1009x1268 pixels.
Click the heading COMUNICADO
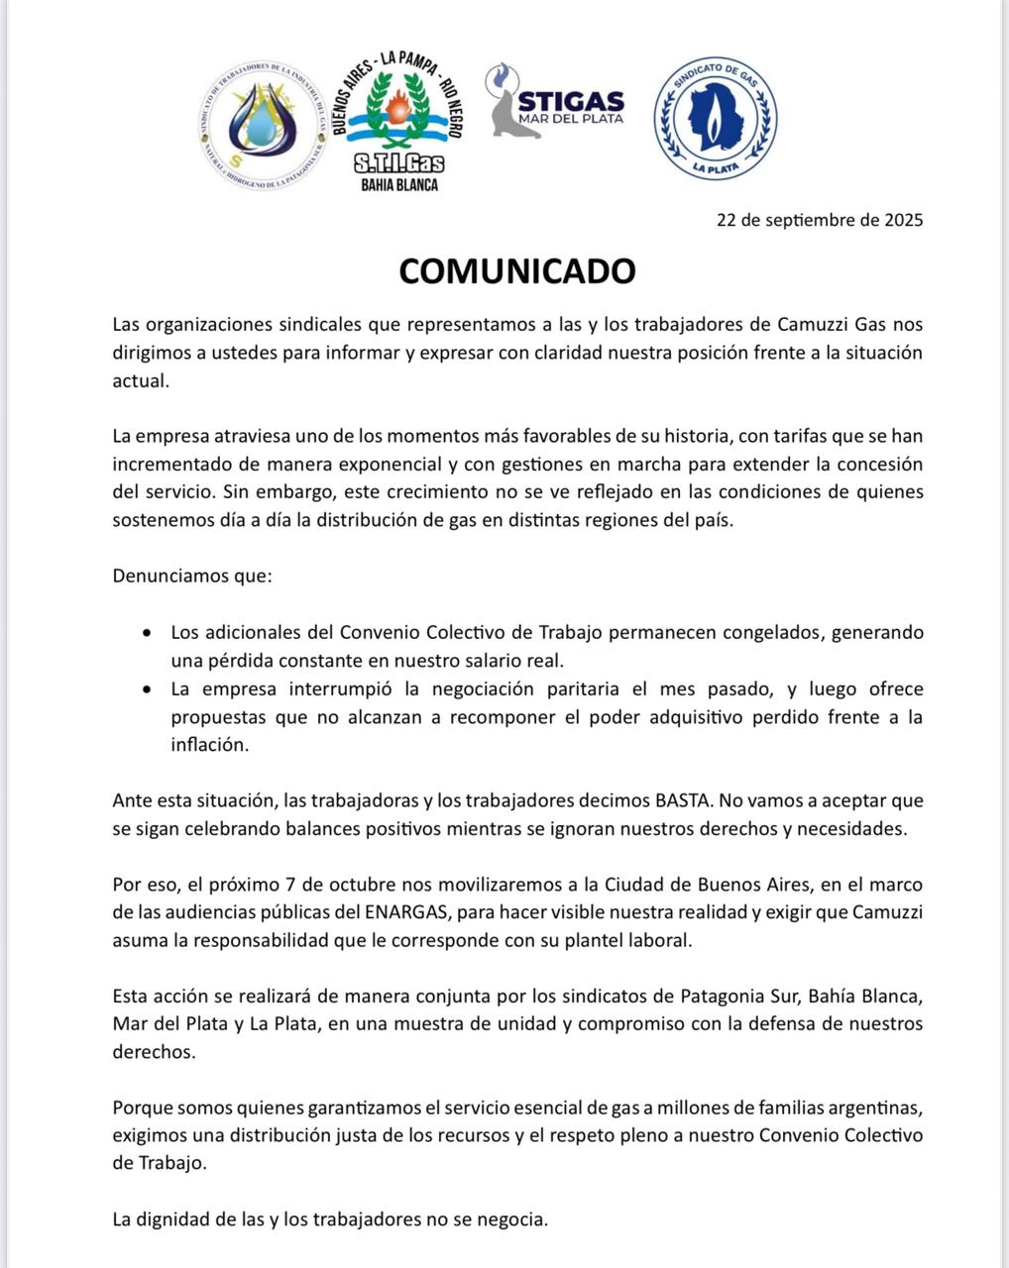click(516, 270)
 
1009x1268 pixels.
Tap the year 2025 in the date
click(903, 220)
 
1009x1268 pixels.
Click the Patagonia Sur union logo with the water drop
click(262, 122)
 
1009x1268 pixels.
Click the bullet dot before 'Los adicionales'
click(148, 632)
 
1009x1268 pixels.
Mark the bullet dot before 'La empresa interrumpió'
click(148, 688)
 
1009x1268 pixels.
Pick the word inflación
click(208, 745)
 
